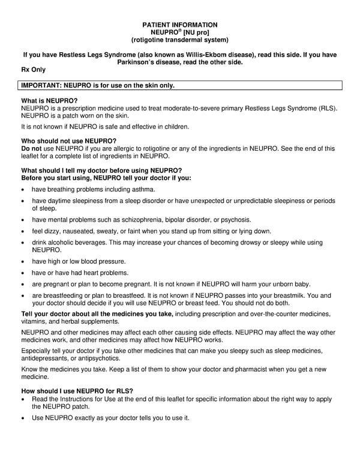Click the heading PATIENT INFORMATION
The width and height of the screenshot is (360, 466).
click(x=179, y=25)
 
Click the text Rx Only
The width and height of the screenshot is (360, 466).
click(x=34, y=70)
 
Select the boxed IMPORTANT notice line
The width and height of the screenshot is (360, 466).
click(x=98, y=85)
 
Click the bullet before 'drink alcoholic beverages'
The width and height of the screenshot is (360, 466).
click(x=23, y=243)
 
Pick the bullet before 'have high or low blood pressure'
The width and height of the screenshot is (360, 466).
click(x=23, y=262)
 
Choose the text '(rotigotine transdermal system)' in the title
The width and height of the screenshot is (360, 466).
click(x=179, y=40)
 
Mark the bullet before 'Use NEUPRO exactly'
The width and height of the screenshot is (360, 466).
click(x=23, y=417)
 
